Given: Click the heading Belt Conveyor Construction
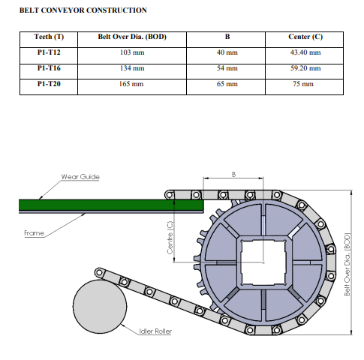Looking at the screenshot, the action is point(83,10).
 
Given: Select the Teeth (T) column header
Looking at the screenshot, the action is point(49,37).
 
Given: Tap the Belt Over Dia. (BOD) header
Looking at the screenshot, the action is point(132,37).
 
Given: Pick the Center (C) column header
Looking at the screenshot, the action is point(305,37).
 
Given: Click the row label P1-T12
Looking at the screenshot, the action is point(49,52).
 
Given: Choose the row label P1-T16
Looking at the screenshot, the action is point(49,68).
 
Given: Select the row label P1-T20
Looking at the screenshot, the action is point(49,83).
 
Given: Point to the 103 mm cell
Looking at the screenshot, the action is point(132,52).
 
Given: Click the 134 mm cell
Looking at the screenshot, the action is point(132,68).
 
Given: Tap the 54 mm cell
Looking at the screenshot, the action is point(227,68).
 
